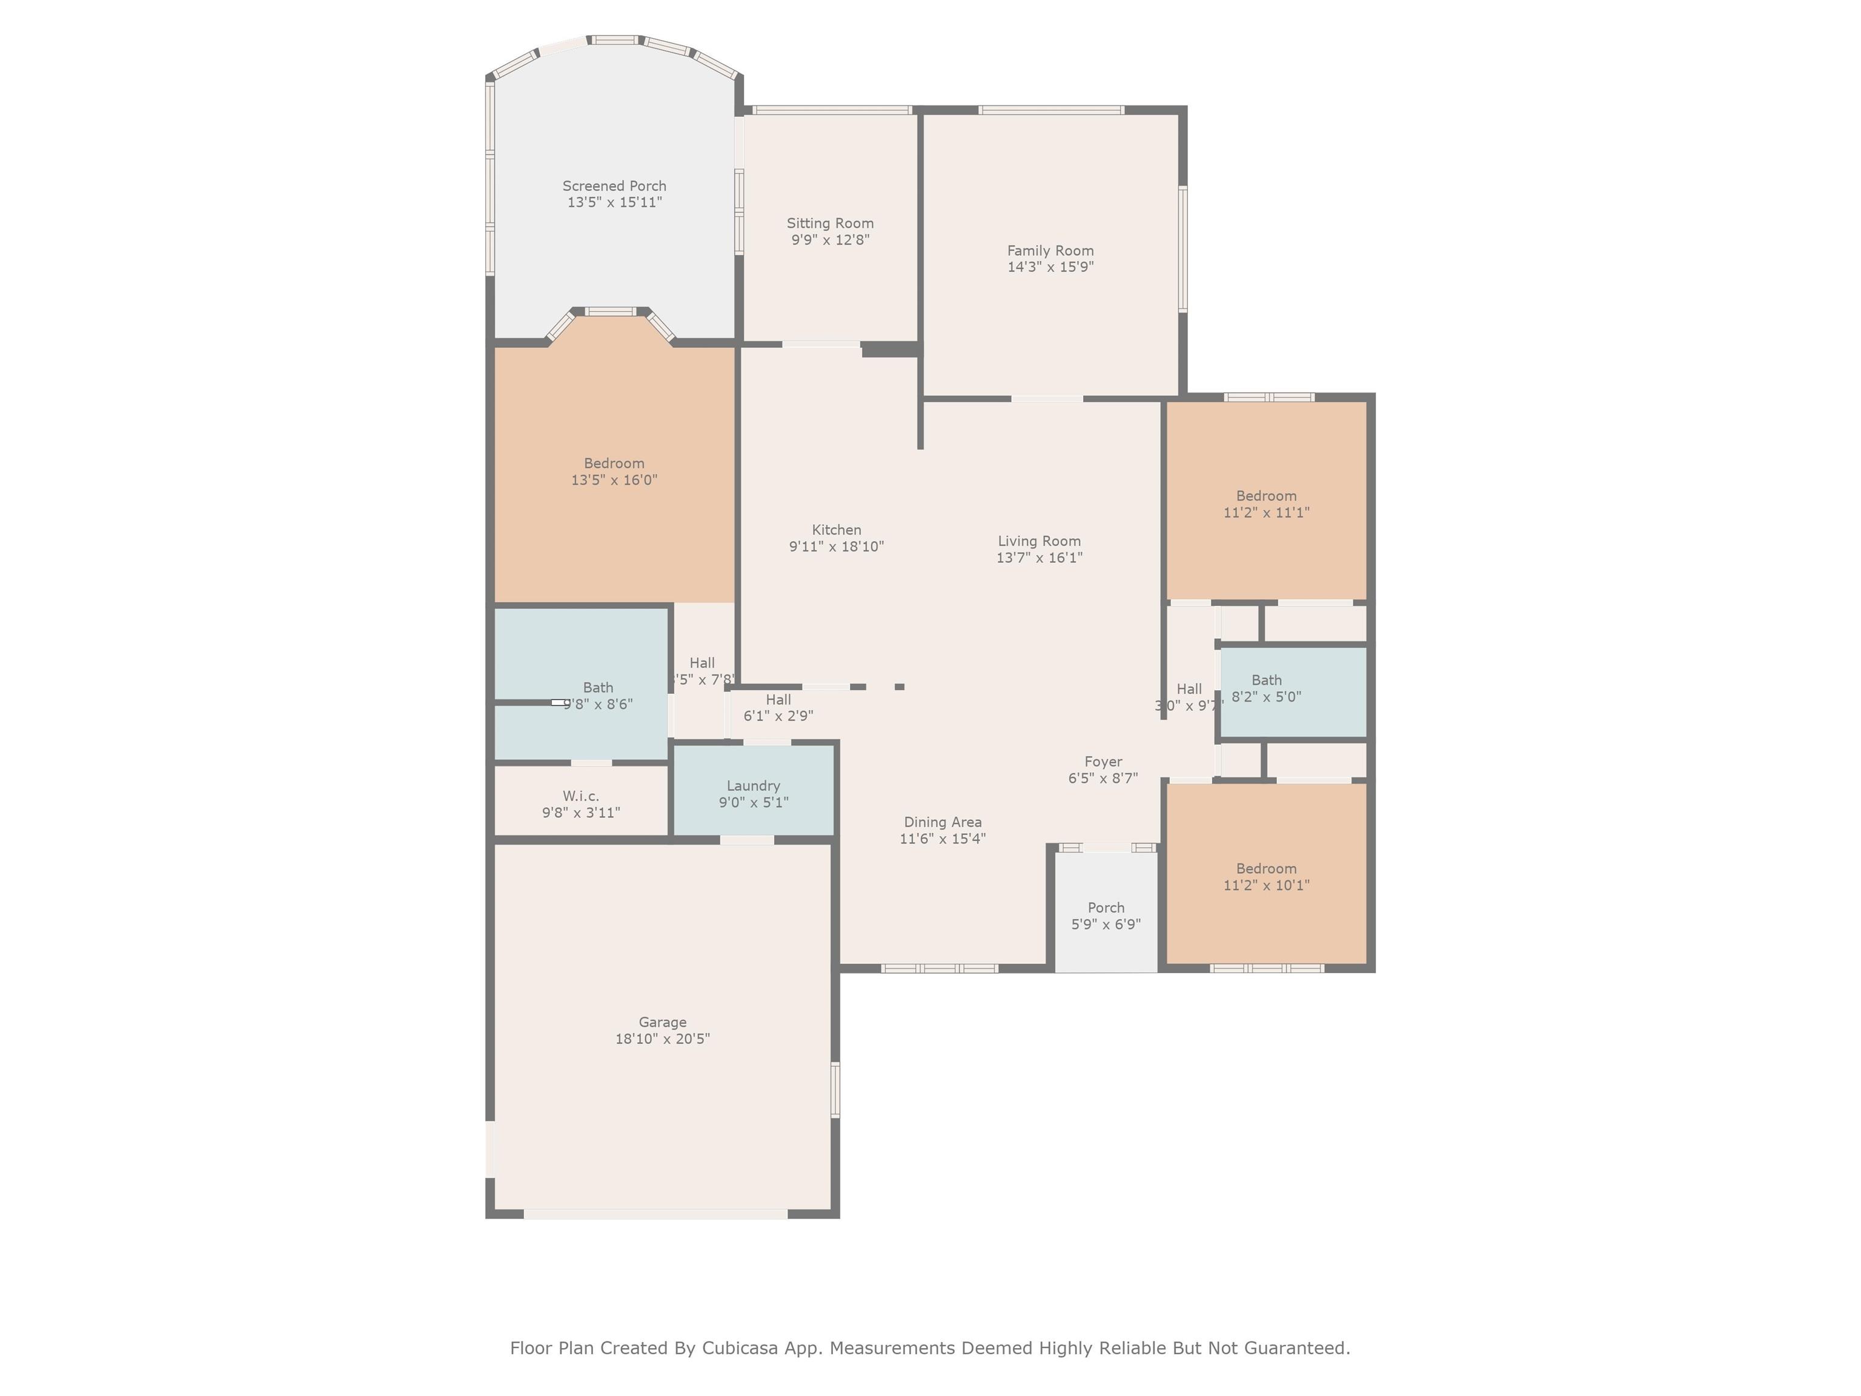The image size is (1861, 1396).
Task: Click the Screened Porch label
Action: (x=614, y=186)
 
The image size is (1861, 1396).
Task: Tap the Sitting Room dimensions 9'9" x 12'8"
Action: (x=831, y=240)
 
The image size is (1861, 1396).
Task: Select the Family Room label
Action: (x=1051, y=251)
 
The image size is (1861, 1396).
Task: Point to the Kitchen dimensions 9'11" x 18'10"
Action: (x=836, y=547)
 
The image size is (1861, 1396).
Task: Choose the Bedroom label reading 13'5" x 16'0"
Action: (x=614, y=464)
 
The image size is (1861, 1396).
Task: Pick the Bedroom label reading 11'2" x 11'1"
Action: (x=1266, y=496)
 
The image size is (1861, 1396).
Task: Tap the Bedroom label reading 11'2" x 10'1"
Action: (x=1266, y=869)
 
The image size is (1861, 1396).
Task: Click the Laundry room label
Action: (x=753, y=786)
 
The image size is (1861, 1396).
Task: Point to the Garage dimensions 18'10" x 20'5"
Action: (x=662, y=1039)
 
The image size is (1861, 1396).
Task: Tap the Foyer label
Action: (x=1103, y=762)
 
